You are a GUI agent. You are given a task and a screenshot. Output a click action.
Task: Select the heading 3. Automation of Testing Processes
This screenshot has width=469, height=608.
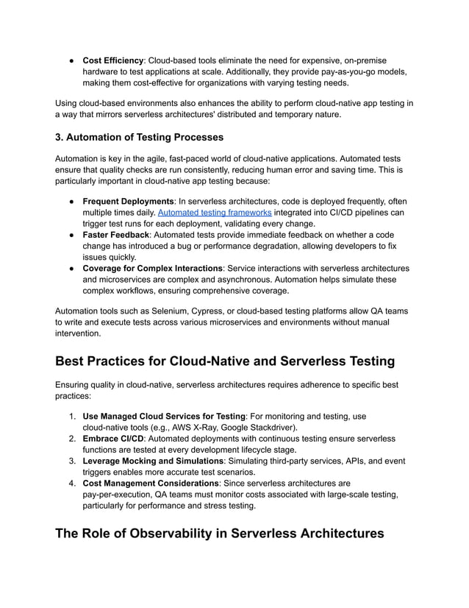point(140,137)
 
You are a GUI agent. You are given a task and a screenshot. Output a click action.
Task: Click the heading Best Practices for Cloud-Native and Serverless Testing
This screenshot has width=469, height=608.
point(225,361)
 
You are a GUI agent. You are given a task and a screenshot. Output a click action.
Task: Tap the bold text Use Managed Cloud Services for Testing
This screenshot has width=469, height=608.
point(164,416)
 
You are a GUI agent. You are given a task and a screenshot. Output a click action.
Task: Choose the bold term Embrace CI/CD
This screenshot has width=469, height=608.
point(113,438)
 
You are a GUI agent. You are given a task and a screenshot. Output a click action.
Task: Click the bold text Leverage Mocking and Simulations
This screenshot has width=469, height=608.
point(152,461)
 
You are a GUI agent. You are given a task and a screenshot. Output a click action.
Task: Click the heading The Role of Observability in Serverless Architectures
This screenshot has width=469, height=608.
point(219,534)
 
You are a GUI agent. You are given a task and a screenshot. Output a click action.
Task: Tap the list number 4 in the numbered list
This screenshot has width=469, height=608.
point(72,483)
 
